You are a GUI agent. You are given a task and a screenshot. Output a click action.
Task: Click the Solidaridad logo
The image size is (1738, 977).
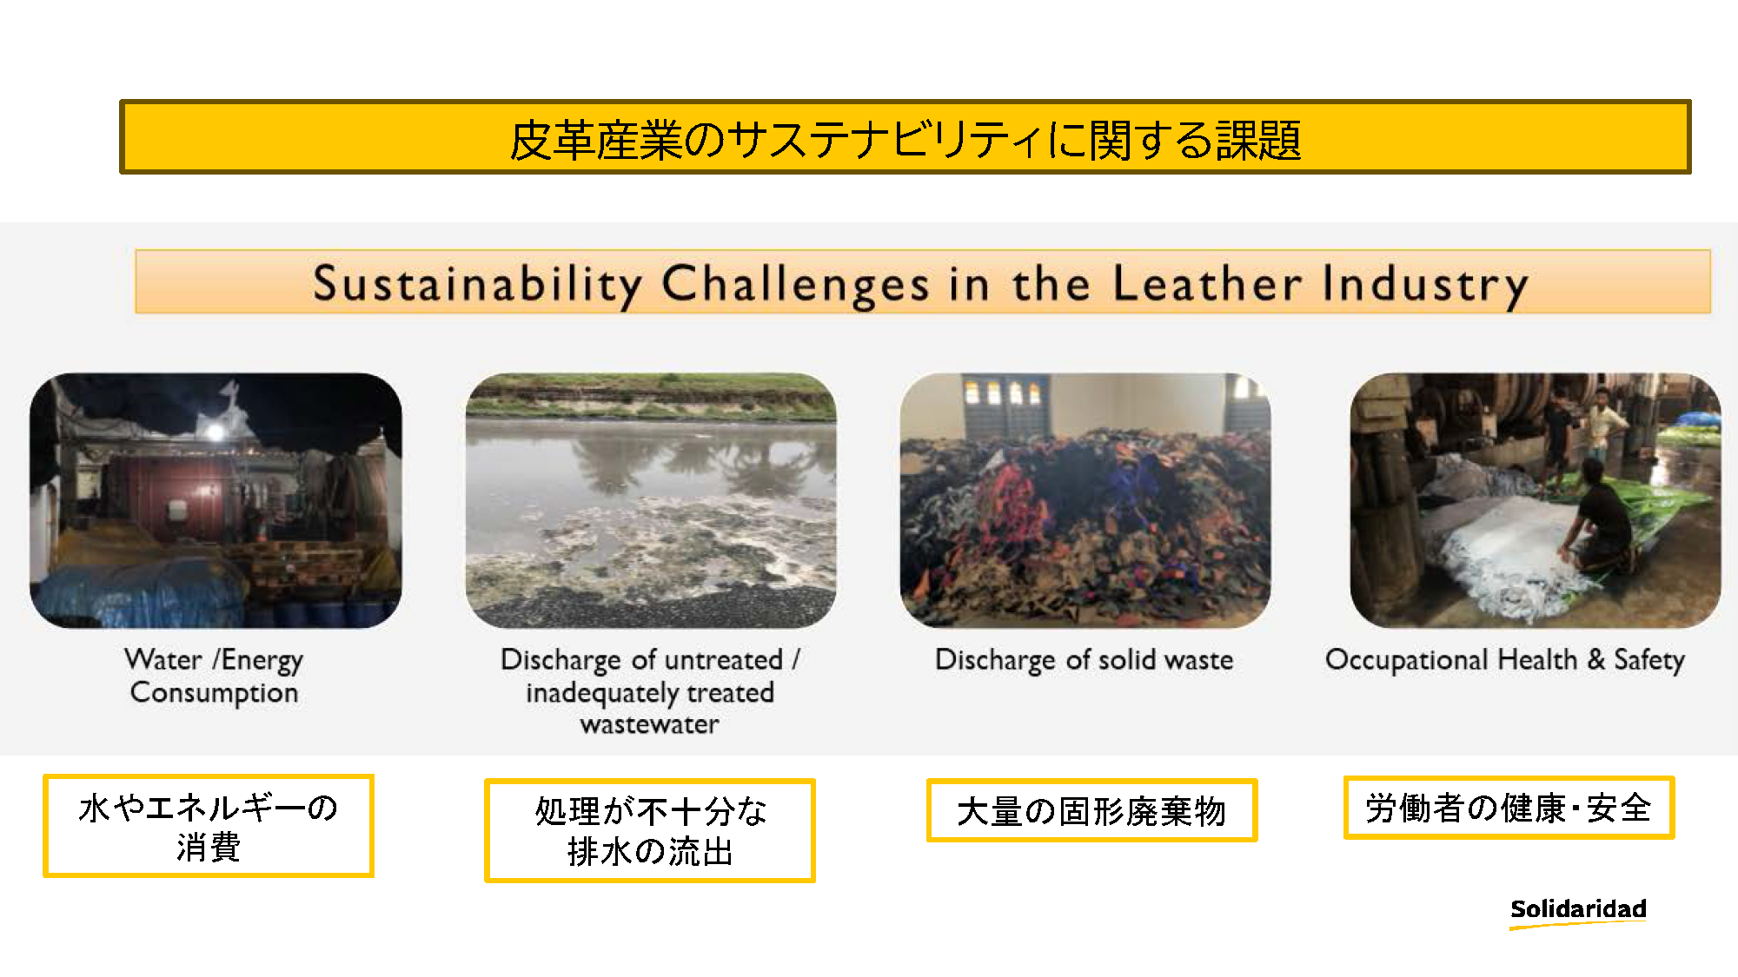point(1578,912)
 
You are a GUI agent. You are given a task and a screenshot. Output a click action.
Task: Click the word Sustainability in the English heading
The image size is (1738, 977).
point(477,284)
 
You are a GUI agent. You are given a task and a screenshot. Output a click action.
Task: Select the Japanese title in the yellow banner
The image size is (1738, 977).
point(905,140)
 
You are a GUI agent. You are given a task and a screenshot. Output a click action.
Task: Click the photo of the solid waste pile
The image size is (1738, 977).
point(1085,500)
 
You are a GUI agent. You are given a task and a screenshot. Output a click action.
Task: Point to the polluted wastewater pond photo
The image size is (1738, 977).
point(651,500)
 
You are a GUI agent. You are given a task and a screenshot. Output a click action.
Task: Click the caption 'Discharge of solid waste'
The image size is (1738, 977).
point(1084,660)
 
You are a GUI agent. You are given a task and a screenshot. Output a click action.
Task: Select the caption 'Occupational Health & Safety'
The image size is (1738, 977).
point(1504,660)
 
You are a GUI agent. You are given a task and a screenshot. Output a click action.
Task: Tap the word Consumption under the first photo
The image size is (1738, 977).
point(214,693)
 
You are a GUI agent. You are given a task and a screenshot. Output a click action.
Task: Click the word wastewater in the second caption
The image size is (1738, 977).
point(649,724)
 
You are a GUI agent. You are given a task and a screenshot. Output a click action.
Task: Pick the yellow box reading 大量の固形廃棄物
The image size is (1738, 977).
point(1091,810)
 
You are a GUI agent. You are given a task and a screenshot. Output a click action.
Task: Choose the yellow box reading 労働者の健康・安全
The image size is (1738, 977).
point(1509,808)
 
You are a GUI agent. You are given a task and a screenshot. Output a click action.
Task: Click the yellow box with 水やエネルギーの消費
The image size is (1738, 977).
point(209,826)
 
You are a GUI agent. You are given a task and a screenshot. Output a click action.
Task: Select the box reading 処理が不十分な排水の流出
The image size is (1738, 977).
point(650,830)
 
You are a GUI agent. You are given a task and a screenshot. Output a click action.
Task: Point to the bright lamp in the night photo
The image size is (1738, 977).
point(215,429)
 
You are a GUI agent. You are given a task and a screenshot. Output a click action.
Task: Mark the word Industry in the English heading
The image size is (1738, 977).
point(1425,284)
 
